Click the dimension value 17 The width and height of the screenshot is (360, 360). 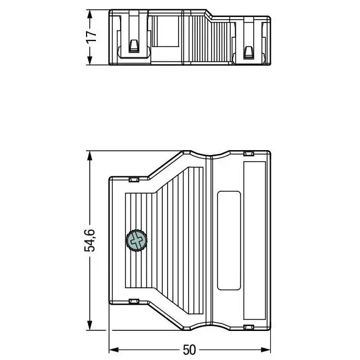point(91,37)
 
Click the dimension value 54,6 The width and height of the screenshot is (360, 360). point(89,241)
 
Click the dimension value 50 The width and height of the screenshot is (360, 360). point(190,350)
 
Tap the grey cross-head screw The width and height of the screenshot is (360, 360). point(136,241)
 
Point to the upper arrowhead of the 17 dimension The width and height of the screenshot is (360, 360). point(89,14)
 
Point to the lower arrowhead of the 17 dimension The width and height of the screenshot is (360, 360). point(89,60)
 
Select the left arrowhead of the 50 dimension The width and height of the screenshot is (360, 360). point(113,350)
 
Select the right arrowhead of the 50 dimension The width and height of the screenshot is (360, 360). point(266,350)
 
